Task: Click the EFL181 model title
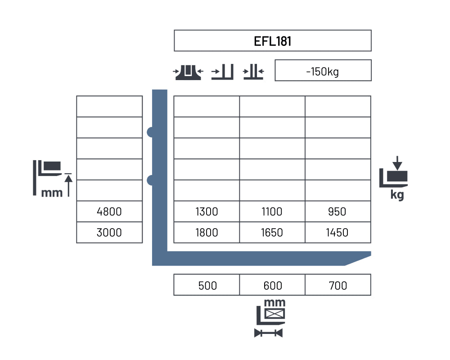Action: tap(272, 41)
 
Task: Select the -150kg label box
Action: tap(323, 70)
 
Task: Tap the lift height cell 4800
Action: tap(109, 211)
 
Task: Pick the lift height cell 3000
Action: tap(109, 233)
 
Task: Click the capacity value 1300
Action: tap(207, 212)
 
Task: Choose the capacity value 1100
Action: tap(272, 212)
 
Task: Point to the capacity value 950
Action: tap(337, 212)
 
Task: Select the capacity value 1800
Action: tap(207, 233)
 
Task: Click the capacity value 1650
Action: tap(272, 233)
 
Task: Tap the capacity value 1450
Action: tap(337, 233)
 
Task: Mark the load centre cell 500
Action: tap(207, 285)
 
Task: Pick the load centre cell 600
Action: tap(272, 285)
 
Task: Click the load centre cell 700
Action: tap(338, 285)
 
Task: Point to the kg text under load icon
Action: tap(397, 195)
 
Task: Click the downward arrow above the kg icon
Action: tap(397, 163)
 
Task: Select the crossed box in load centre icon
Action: tap(274, 314)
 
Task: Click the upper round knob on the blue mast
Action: tap(150, 132)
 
